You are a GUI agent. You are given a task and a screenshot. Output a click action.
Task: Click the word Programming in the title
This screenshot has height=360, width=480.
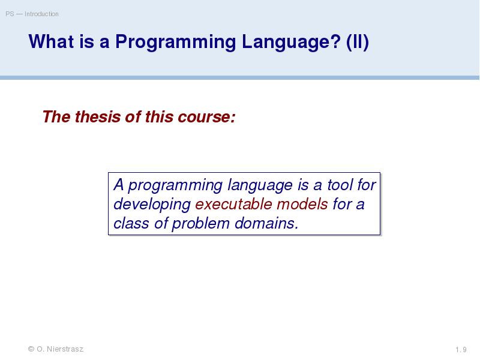point(175,42)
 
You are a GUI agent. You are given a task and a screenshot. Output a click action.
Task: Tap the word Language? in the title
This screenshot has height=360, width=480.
point(291,42)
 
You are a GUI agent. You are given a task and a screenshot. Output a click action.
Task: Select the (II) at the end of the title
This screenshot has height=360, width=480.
point(357,42)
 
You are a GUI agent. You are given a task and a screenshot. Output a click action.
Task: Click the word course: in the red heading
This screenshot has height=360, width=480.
point(206,117)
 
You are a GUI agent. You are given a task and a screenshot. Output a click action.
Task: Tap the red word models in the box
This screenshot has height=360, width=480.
point(302,204)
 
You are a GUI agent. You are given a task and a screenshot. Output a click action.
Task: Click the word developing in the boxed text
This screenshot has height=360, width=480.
point(152,205)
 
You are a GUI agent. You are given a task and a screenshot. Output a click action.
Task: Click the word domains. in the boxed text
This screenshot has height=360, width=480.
point(266,223)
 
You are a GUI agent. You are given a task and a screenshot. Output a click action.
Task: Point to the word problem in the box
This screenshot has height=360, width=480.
point(200,224)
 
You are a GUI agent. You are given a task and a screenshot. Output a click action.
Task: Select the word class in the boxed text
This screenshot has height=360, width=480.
point(131,223)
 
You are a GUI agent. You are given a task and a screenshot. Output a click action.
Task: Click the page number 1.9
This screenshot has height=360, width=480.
point(461,350)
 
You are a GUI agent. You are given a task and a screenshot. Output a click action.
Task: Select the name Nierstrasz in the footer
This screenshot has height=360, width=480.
point(65,349)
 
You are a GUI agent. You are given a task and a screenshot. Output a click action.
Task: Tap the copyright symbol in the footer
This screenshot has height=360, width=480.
point(31,349)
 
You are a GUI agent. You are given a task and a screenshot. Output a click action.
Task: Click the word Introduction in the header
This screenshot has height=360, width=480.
point(41,14)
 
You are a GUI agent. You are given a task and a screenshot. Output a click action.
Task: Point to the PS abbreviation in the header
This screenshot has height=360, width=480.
point(10,14)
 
